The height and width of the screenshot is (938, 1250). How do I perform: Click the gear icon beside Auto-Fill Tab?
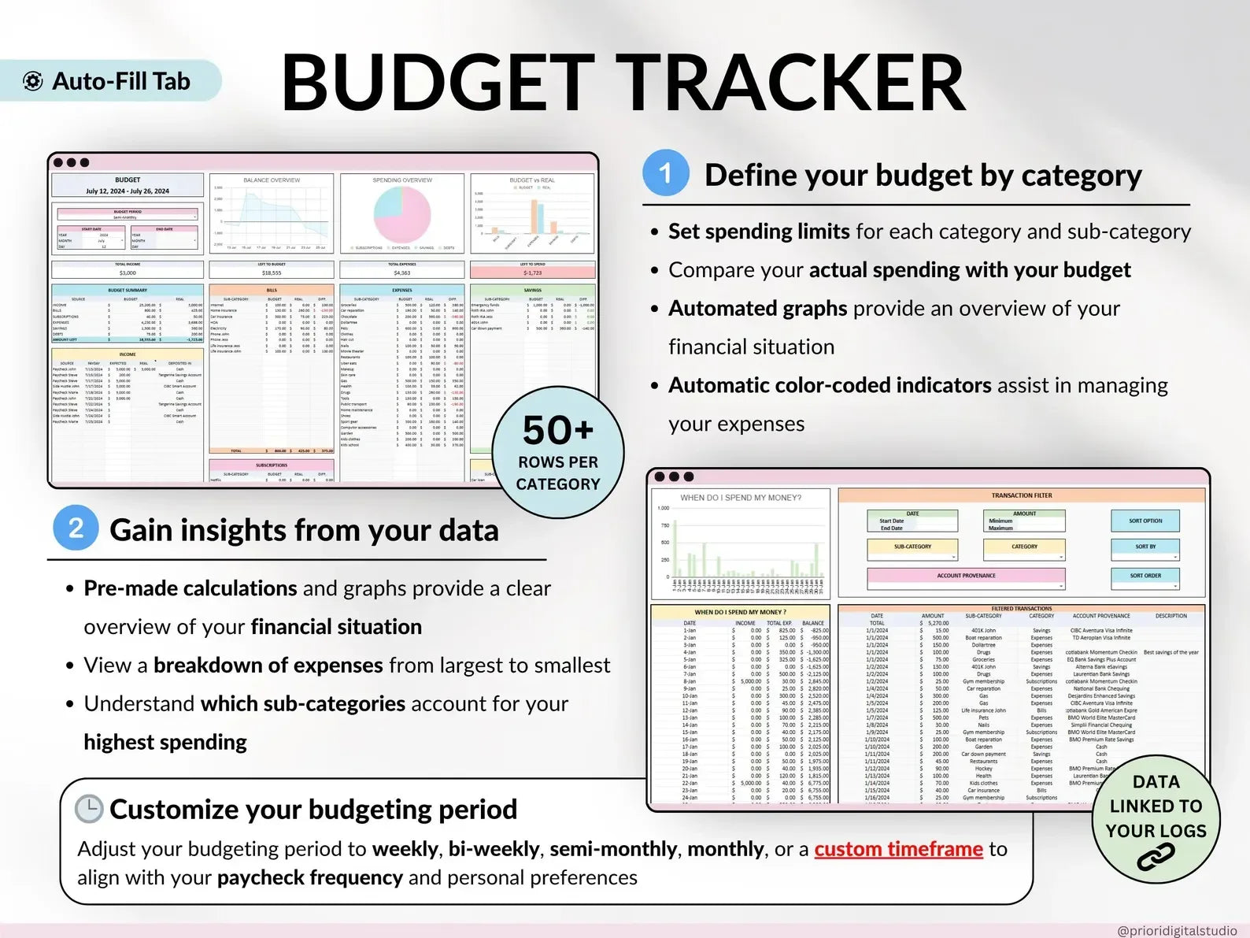[x=33, y=81]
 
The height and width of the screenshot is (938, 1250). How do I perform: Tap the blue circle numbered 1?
[x=665, y=173]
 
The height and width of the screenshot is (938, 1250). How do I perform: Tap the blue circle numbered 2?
[x=76, y=528]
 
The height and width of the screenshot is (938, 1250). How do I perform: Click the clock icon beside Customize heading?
[x=89, y=809]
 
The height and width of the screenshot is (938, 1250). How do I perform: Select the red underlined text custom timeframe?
[x=898, y=849]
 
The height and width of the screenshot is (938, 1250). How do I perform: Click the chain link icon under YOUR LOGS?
[x=1156, y=857]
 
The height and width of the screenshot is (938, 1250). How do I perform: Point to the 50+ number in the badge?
[x=558, y=431]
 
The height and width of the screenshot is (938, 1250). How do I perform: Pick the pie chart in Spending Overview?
[x=401, y=214]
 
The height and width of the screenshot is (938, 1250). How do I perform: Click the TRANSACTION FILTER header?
[x=1021, y=495]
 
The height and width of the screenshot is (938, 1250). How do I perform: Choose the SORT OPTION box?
[x=1145, y=521]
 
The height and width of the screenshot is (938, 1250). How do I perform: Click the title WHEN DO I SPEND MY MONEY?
[x=741, y=498]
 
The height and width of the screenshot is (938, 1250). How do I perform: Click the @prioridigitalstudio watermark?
[x=1176, y=930]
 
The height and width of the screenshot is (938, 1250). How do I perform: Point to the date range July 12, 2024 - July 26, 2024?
[x=128, y=191]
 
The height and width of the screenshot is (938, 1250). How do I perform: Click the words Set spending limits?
[x=758, y=232]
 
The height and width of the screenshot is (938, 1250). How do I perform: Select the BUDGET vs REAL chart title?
[x=532, y=180]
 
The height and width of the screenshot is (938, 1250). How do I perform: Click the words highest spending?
[x=165, y=742]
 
